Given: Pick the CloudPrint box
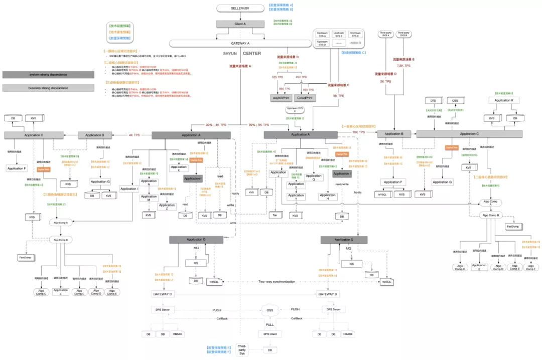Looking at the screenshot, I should (305, 98).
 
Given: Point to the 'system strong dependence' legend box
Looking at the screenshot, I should (48, 75).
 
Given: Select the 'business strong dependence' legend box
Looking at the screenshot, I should (48, 88).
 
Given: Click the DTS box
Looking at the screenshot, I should (433, 101).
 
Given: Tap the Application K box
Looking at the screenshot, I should (504, 101).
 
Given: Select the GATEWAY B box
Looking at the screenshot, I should (329, 294).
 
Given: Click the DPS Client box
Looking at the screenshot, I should (269, 333).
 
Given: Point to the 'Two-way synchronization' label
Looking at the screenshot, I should (277, 282).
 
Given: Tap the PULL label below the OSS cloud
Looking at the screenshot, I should (269, 324).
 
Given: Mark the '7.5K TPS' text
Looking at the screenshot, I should (403, 66).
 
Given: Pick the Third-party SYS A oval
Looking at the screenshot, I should (385, 35).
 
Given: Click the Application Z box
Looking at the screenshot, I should (167, 205).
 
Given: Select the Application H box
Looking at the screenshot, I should (328, 197).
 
